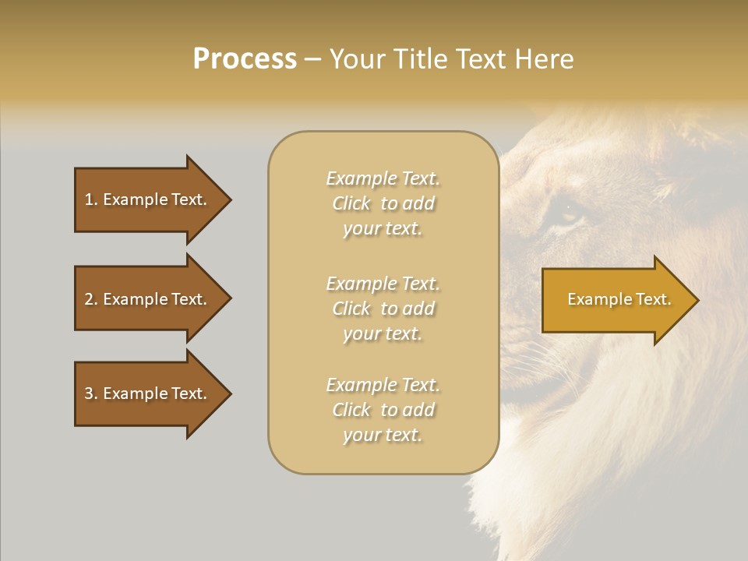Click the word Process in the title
coord(245,59)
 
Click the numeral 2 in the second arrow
coord(89,299)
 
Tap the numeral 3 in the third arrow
coord(89,393)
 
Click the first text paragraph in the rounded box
coord(383,203)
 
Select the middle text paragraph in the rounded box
coord(383,309)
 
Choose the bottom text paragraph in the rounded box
coord(383,410)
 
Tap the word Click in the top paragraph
coord(351,203)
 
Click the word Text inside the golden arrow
coord(652,299)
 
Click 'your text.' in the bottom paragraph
coord(383,435)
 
